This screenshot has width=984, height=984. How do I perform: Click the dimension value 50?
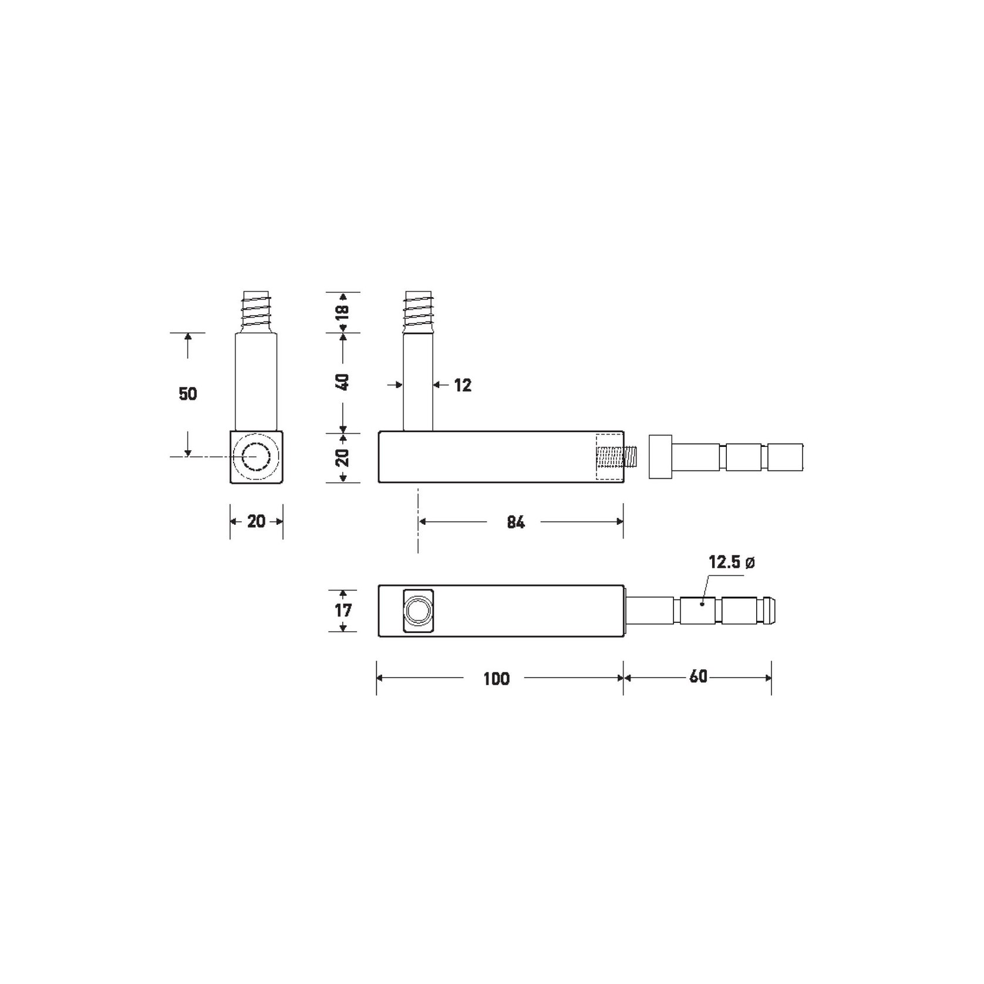tap(188, 393)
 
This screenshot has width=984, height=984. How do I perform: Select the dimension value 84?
tap(515, 522)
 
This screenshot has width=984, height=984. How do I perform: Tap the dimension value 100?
tap(496, 679)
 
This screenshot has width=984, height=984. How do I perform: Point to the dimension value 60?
tap(698, 677)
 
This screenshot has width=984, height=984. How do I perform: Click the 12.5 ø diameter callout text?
tap(732, 562)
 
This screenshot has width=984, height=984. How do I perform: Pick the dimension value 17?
tap(343, 611)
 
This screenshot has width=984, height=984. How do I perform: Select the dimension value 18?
tap(343, 310)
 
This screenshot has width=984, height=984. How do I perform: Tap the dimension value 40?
tap(343, 382)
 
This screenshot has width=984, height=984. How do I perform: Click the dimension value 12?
tap(463, 385)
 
